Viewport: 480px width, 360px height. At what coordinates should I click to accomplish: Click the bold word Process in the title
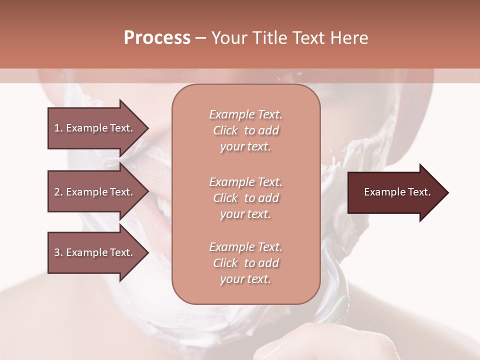coord(156,38)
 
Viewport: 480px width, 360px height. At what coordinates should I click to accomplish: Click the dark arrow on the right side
coord(397,192)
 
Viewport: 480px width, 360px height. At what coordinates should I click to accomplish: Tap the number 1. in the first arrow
coord(58,128)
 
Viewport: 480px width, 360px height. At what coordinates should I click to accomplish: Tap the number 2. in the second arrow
coord(58,192)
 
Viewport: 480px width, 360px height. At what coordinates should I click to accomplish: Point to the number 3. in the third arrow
coord(58,252)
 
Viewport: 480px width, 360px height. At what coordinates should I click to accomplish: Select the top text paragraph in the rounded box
coord(245,130)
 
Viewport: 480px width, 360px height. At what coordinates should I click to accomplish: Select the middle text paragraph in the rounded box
coord(245,198)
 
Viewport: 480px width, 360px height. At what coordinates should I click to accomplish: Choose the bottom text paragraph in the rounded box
coord(245,263)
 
